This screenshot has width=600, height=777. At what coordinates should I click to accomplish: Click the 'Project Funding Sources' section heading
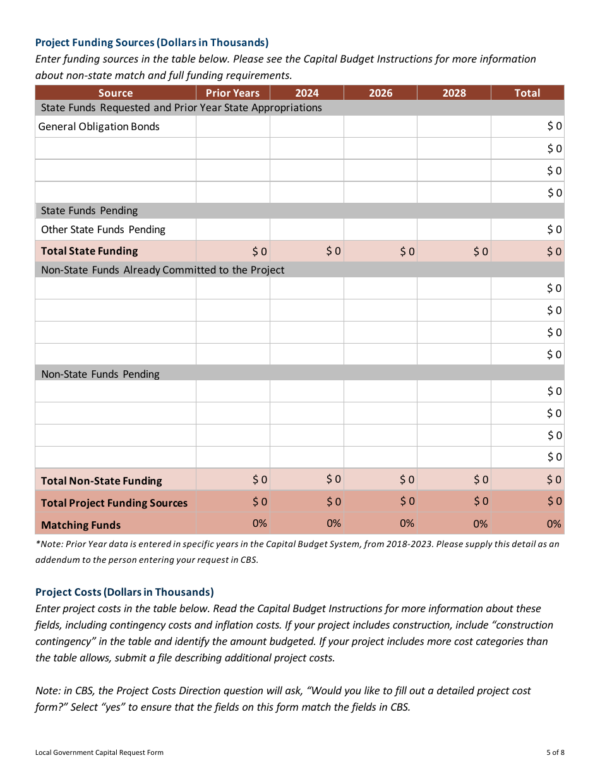152,42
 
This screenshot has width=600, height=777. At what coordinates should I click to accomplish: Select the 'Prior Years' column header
232,93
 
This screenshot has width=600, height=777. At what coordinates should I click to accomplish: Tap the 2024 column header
307,93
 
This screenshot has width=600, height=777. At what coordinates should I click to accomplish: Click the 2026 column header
380,93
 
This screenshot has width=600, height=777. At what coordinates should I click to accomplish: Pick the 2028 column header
453,93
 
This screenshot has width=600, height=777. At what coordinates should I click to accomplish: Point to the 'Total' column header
527,93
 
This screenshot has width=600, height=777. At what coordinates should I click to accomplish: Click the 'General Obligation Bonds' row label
99,126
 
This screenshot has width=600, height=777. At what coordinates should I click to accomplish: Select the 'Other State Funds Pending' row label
103,229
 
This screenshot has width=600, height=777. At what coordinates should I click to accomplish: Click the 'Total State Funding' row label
89,251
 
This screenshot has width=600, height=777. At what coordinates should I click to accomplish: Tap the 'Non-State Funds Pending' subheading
100,374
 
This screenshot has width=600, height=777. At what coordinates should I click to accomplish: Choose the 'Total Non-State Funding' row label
101,481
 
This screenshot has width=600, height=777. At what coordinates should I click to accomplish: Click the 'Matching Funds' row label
81,525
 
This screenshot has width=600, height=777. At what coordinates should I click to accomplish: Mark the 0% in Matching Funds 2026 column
407,523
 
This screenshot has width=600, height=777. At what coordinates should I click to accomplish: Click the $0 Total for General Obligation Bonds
554,126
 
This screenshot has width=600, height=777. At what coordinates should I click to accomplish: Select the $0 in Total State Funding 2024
333,251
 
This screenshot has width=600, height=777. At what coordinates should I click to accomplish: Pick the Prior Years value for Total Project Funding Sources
260,502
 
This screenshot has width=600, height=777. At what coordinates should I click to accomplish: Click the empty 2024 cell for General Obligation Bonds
307,126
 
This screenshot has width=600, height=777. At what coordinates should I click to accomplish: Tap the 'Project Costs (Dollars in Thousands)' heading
124,592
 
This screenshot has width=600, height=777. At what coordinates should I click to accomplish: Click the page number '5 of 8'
555,752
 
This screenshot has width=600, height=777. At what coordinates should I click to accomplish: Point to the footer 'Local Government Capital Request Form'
99,752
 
